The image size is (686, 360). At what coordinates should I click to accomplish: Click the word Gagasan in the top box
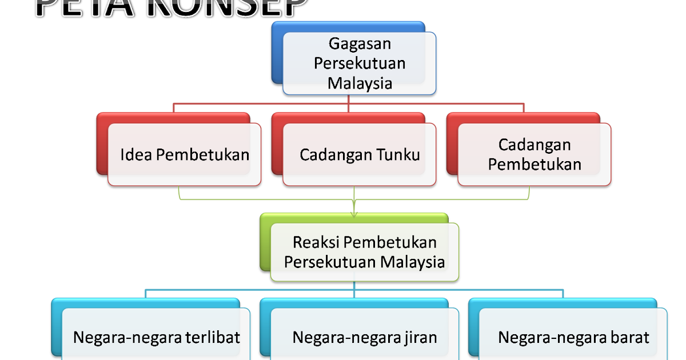pos(360,43)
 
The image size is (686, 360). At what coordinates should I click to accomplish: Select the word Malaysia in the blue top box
pos(360,83)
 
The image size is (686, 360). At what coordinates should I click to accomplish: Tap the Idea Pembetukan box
pos(184,154)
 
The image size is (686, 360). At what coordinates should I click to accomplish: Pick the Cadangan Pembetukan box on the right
pos(534,154)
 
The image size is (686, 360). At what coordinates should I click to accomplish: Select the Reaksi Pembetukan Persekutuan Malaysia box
pos(364,251)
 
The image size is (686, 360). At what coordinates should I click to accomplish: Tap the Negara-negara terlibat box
pos(155,337)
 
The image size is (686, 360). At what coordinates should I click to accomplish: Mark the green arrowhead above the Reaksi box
pos(354,213)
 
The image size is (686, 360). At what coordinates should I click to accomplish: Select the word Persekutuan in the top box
pos(360,63)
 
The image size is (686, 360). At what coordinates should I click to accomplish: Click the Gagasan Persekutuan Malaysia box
pos(360,63)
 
